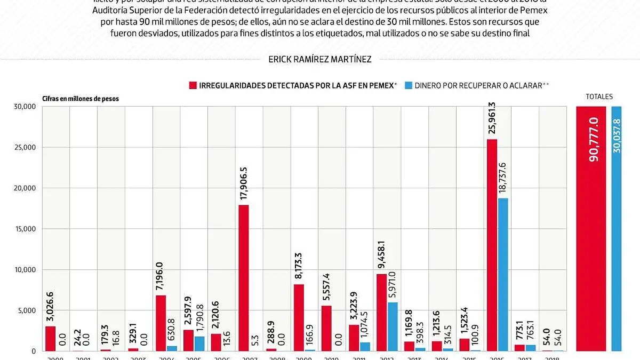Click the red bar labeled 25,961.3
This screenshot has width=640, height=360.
492,245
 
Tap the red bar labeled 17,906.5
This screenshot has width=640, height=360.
243,278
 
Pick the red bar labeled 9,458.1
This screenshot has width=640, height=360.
381,313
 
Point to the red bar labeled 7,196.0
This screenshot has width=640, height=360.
161,323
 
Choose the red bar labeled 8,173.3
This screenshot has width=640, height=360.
299,317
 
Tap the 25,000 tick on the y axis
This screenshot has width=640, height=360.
25,147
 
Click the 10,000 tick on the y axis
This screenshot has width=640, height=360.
25,270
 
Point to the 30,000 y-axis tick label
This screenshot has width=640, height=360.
25,107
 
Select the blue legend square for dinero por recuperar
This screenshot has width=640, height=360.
409,85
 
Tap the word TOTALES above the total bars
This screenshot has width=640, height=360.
599,97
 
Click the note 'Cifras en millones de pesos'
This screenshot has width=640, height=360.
81,99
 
